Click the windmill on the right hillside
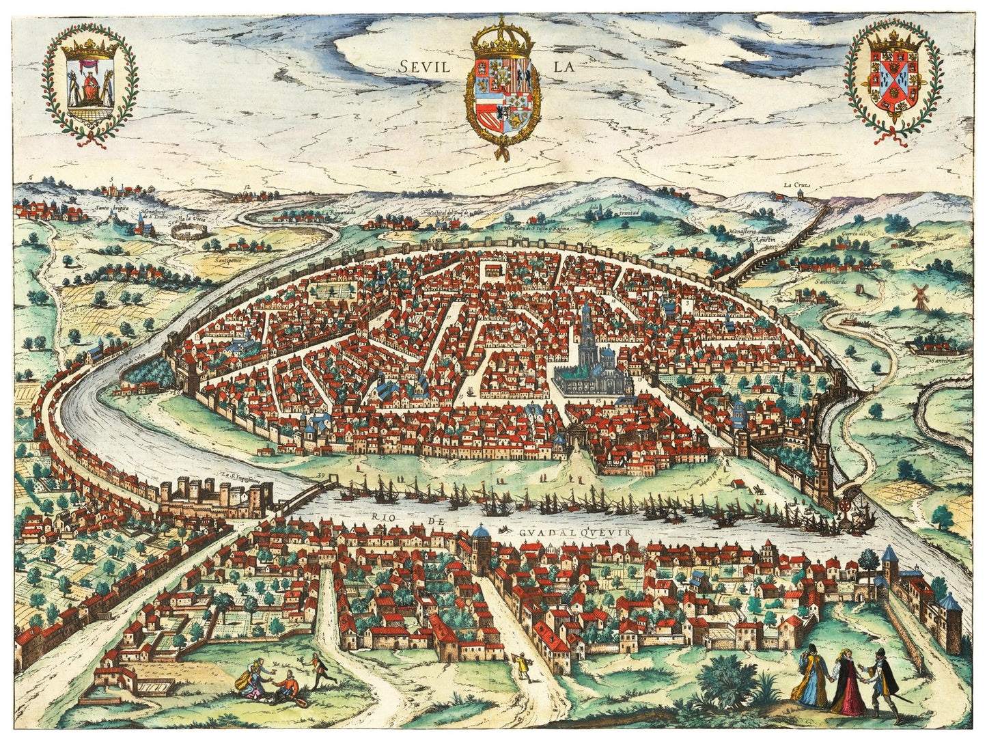920,296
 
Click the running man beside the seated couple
316,670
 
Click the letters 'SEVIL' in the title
423,67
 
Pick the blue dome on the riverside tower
482,530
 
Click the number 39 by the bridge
321,476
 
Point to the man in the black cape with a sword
882,680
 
